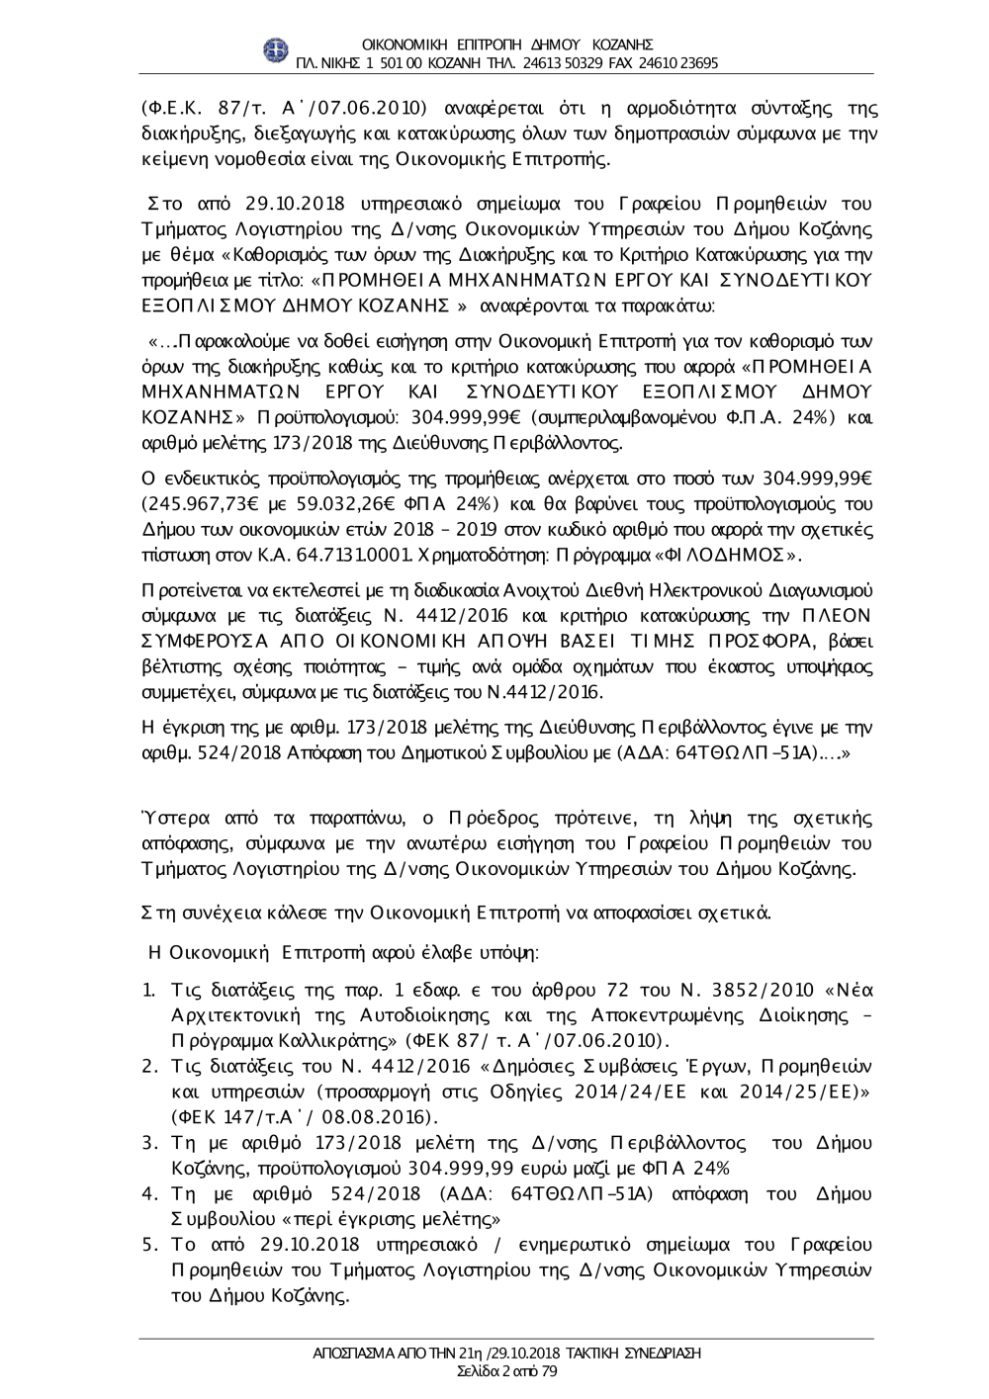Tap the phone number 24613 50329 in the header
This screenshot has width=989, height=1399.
[560, 62]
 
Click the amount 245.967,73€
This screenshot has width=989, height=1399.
[206, 504]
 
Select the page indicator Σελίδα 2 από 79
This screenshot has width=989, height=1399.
[494, 1370]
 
